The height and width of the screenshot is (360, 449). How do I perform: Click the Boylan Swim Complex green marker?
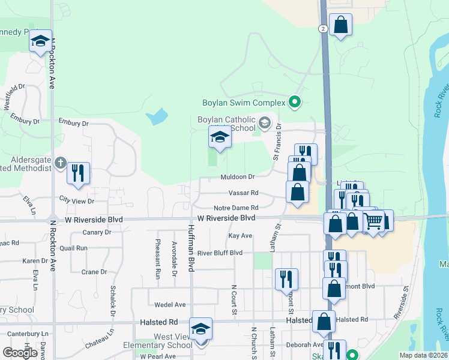tap(294, 103)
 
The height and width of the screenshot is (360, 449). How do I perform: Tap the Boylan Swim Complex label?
tap(243, 103)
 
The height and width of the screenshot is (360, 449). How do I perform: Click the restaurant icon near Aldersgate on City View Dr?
tap(78, 173)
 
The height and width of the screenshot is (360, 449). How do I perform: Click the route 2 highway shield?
tap(323, 29)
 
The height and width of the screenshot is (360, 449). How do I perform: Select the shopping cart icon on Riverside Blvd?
tap(373, 221)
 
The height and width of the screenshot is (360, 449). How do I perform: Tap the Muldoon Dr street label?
tap(238, 177)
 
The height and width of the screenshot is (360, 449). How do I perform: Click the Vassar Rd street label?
tap(243, 193)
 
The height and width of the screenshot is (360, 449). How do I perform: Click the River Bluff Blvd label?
tap(220, 253)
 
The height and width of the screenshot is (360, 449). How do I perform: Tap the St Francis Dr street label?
tap(277, 142)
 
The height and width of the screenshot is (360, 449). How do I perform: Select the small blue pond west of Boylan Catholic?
tap(157, 115)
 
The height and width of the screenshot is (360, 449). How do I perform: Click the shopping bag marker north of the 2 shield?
tap(340, 25)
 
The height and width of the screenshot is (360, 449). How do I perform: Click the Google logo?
tap(20, 353)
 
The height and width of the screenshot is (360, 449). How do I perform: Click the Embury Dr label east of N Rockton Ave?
tap(73, 123)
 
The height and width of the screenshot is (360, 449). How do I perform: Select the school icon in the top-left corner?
tap(40, 41)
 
